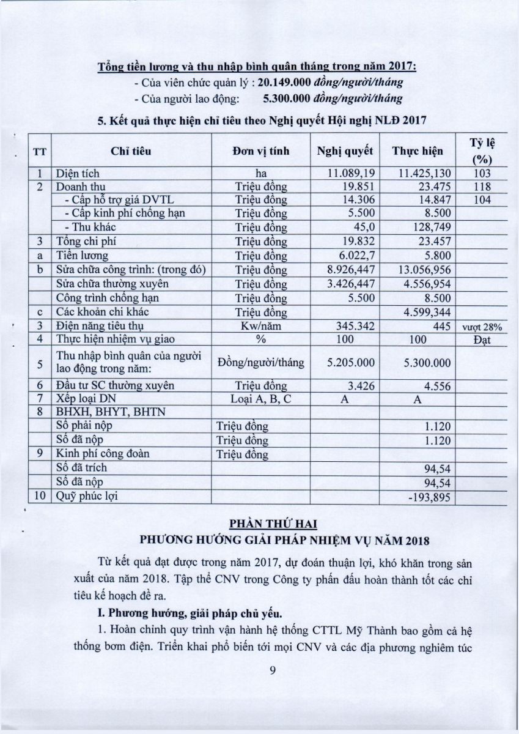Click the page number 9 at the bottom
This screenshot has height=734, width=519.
(273, 670)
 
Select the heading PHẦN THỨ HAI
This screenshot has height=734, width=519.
(270, 524)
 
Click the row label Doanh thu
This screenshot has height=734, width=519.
(77, 187)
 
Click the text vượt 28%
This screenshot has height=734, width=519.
(482, 327)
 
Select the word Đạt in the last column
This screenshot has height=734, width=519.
(482, 340)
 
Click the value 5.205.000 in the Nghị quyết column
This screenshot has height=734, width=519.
(350, 363)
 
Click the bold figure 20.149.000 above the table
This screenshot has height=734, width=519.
(285, 82)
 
